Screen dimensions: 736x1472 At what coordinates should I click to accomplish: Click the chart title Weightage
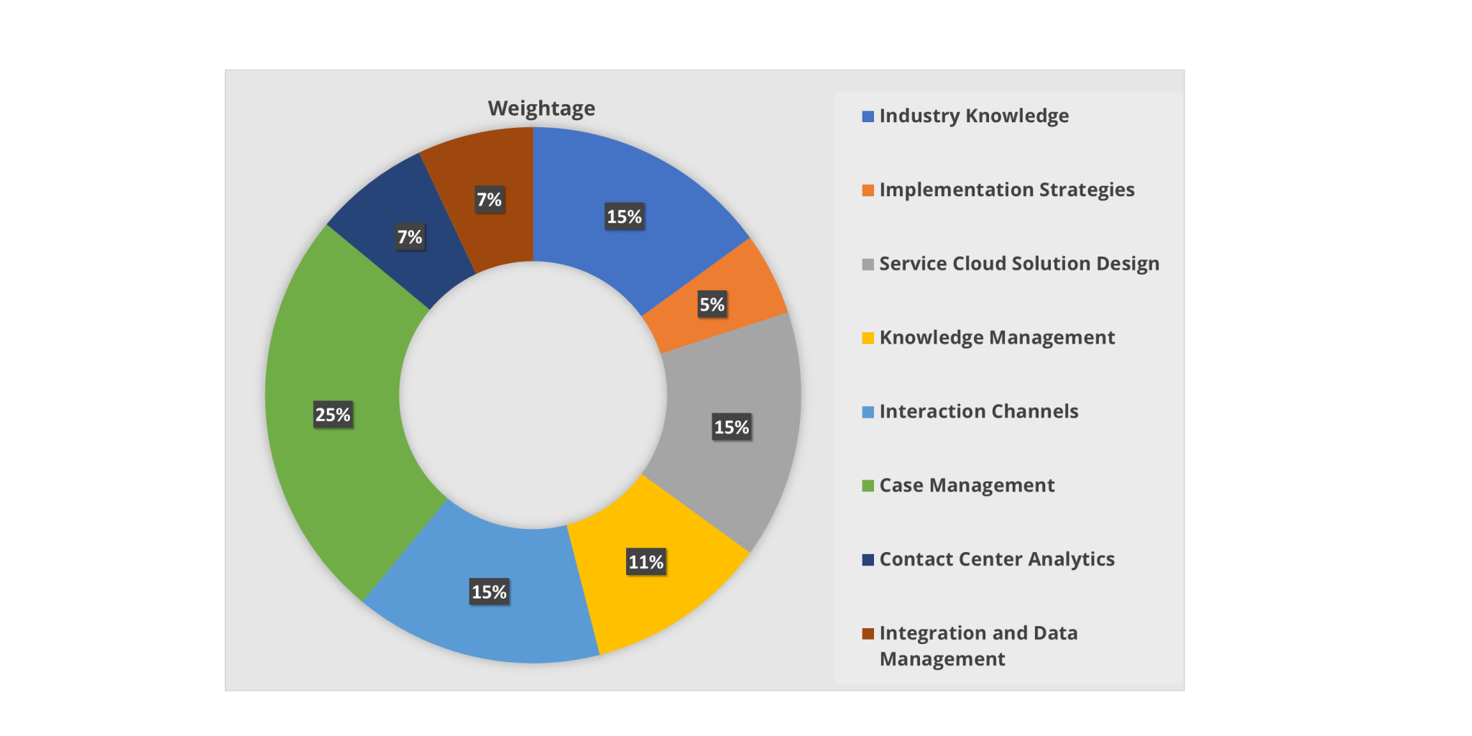(541, 109)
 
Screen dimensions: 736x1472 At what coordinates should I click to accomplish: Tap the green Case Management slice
(338, 446)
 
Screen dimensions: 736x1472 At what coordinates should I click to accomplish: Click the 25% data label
(333, 415)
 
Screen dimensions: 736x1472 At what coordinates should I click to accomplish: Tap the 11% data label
(646, 562)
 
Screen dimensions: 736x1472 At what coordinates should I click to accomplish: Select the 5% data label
(712, 305)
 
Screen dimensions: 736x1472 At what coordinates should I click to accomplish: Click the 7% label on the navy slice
(410, 237)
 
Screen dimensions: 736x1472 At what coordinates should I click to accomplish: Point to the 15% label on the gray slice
(732, 428)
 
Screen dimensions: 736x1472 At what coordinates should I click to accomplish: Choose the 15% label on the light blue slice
(489, 592)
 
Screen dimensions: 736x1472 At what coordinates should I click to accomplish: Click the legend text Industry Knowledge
(974, 116)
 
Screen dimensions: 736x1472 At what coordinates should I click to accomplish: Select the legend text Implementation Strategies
(1007, 190)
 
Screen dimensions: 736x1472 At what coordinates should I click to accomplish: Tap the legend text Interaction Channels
(979, 411)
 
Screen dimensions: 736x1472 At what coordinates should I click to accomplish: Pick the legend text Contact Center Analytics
(997, 559)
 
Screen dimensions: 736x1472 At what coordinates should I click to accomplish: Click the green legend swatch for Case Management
(868, 486)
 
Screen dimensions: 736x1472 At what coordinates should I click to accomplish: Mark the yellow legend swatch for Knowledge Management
(868, 338)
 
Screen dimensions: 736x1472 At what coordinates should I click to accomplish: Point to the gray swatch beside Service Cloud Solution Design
(868, 264)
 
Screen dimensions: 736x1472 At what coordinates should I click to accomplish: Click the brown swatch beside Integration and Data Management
(868, 633)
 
